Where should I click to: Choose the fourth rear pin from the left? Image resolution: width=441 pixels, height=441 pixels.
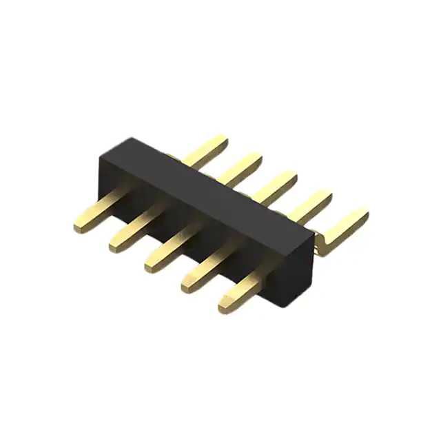(309, 204)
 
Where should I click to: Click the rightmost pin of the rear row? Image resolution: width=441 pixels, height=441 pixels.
(345, 227)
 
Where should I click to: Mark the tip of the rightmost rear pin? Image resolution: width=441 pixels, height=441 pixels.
(365, 214)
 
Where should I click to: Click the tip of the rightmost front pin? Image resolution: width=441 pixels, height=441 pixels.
(223, 304)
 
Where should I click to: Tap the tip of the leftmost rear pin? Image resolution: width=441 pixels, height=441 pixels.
(223, 140)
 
